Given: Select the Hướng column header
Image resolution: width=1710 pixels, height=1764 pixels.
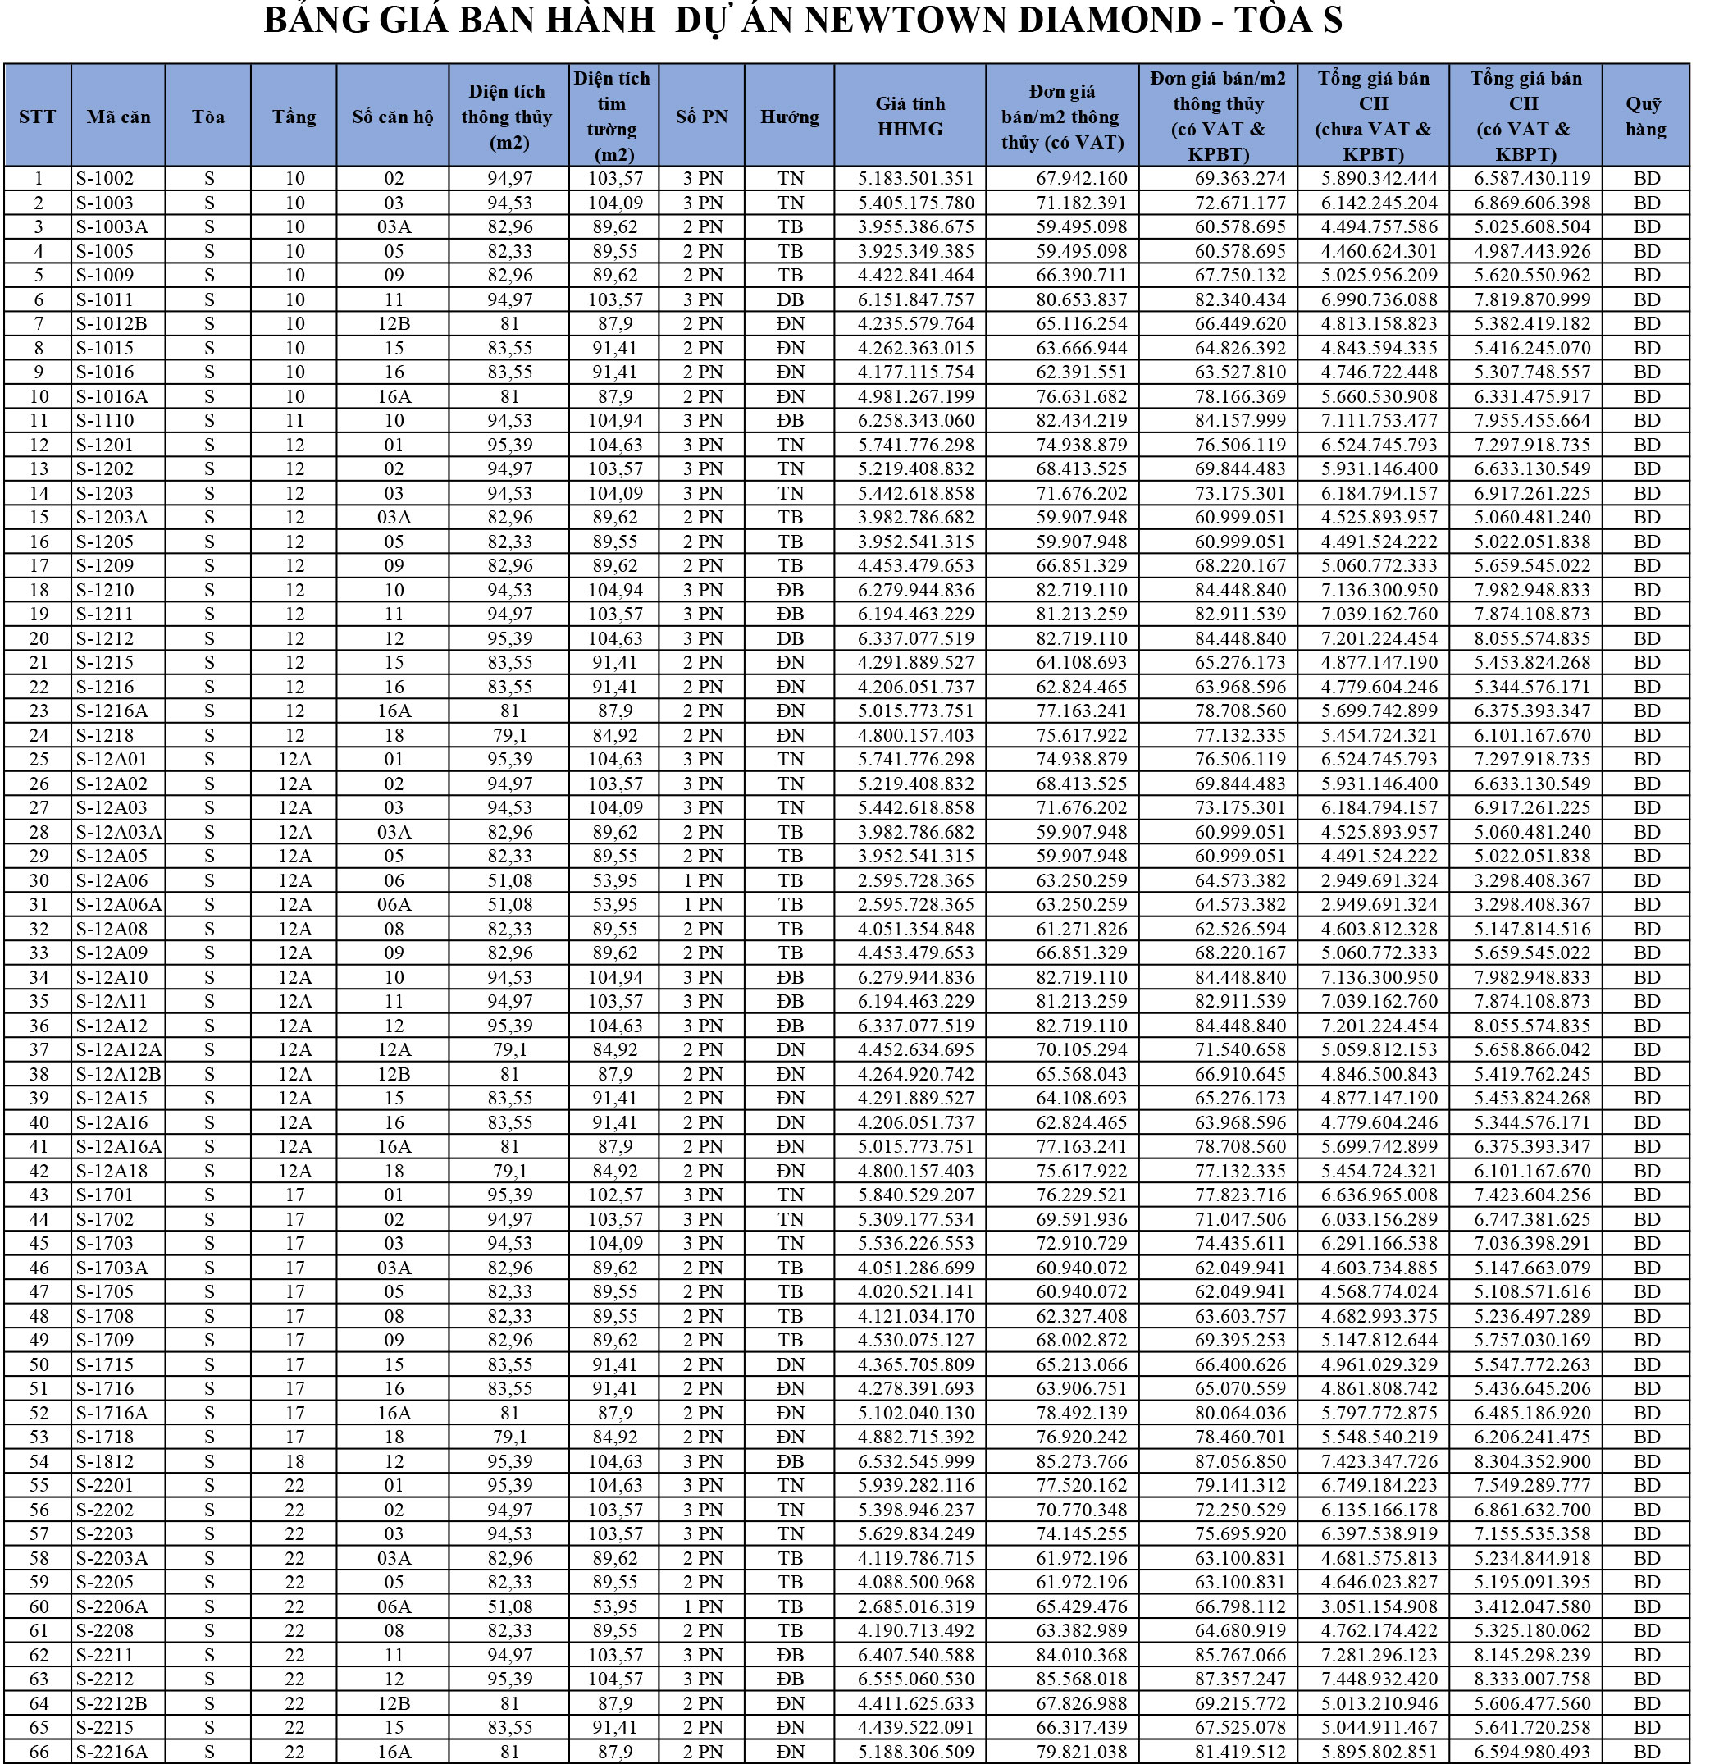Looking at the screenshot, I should pos(789,117).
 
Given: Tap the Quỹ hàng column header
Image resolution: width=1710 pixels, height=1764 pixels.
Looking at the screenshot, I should pos(1645,117).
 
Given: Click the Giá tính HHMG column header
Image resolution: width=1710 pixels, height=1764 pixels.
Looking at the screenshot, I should pos(910,117).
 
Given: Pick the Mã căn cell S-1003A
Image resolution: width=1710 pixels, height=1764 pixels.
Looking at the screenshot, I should pos(112,226).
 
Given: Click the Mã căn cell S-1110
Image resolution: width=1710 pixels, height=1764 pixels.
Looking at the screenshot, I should pos(104,420).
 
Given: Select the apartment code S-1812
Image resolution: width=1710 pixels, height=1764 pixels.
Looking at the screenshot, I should pos(104,1461).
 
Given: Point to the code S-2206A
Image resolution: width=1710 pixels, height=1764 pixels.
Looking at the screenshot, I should pos(112,1606).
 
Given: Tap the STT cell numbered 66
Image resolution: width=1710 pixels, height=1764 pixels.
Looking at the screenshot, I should pos(38,1752).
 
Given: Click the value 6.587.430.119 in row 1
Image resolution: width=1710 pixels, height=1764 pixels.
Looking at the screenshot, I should pos(1532,178).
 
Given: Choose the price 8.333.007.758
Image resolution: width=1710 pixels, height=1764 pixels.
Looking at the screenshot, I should pos(1532,1679).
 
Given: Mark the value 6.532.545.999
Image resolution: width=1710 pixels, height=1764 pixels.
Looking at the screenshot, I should pos(916,1461).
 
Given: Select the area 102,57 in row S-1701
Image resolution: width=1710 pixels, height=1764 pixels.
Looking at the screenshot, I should pos(615,1195).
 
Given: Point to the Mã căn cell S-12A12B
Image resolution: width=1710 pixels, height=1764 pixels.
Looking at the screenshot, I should pos(118,1074).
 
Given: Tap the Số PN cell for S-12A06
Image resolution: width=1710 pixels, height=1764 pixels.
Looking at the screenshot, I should pos(701,880).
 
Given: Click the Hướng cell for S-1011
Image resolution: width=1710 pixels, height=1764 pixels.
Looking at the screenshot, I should pos(790,299).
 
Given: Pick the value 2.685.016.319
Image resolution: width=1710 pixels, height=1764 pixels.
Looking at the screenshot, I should pos(916,1606).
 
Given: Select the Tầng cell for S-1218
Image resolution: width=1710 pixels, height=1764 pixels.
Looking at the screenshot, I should pos(294,735).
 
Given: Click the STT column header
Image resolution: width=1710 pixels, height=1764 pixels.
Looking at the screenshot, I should pos(37,117).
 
